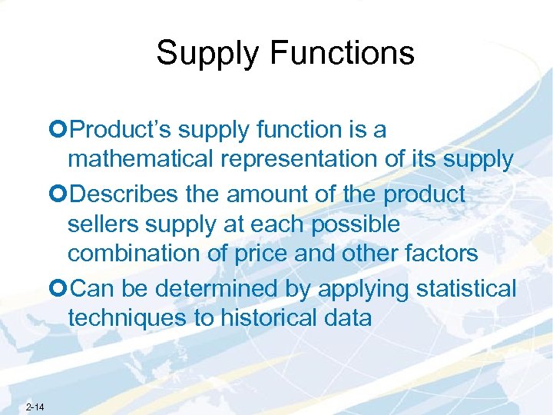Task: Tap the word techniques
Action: click(126, 318)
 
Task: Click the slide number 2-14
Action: click(35, 407)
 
